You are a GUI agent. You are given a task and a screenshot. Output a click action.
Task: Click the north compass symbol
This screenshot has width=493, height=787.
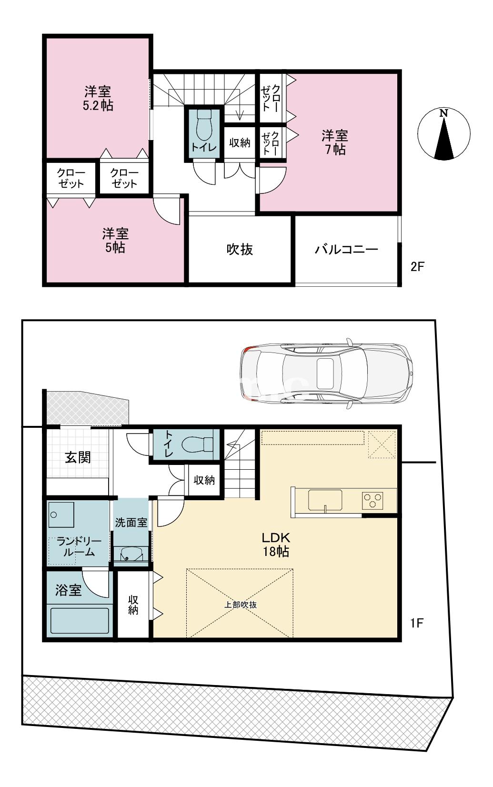(443, 134)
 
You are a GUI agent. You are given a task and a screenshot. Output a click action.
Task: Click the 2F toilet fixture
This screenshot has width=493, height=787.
(204, 125)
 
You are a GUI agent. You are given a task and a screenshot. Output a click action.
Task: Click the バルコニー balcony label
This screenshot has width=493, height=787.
(346, 250)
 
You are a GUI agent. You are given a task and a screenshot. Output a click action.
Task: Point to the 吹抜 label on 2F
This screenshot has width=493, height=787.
(239, 249)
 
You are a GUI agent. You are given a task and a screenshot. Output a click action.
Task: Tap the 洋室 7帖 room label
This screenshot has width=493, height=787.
(334, 142)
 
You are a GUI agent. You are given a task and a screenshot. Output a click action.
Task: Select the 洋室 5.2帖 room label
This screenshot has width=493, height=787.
(98, 98)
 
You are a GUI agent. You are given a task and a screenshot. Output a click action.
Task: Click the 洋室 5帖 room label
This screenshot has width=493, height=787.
(115, 241)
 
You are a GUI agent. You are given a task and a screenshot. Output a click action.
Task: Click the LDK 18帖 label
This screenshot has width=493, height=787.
(276, 545)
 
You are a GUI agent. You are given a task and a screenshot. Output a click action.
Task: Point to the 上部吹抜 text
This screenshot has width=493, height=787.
(241, 605)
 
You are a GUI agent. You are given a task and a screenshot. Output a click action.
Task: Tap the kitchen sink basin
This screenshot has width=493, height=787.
(325, 500)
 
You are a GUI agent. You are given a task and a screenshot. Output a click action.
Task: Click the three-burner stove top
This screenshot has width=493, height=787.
(372, 500)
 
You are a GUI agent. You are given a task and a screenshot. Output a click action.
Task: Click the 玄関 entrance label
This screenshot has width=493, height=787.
(78, 457)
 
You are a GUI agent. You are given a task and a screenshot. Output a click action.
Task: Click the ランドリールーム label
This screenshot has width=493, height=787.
(79, 547)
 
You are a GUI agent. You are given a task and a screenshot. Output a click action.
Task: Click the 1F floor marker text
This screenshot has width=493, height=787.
(417, 623)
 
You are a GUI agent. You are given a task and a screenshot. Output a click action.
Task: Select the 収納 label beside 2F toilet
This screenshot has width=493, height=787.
(240, 142)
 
